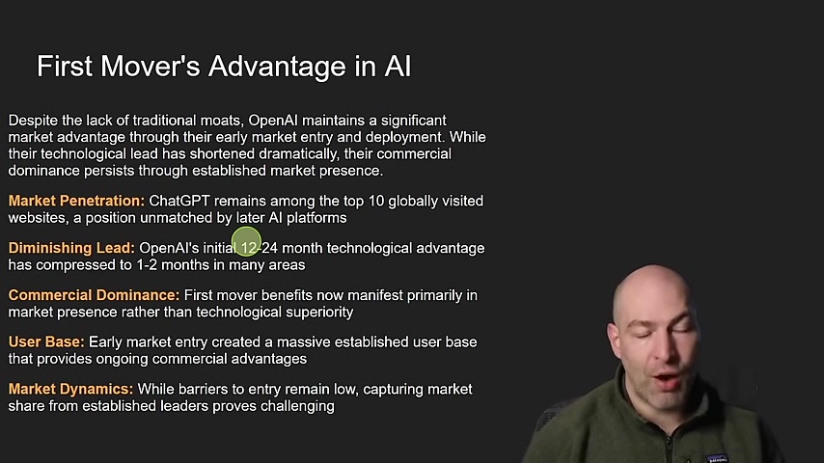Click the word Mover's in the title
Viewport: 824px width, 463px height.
151,67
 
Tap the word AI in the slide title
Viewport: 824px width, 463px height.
398,67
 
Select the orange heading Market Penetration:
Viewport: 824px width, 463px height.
76,201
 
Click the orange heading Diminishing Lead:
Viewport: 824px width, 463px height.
71,248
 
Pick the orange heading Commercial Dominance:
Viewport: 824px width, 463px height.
94,295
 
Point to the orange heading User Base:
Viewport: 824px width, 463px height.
46,342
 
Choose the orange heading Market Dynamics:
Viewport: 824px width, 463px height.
71,389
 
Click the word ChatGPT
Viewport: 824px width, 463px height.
179,201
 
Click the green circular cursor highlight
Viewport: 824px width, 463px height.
246,242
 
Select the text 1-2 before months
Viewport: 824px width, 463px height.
147,265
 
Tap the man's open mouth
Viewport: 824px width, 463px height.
668,379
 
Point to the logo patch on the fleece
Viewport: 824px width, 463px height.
717,458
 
